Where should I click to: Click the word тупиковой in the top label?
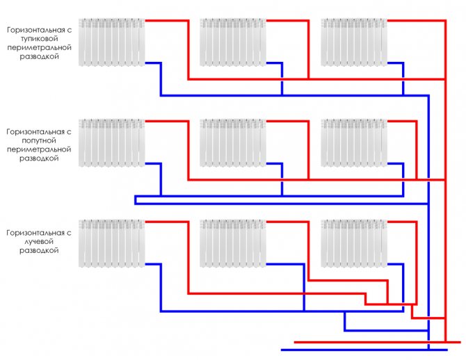(39, 39)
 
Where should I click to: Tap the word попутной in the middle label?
(39, 140)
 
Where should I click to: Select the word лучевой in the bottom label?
(39, 241)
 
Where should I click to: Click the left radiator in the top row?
(112, 42)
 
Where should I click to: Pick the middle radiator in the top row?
(233, 42)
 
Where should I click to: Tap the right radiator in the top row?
(354, 42)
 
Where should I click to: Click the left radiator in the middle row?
(112, 143)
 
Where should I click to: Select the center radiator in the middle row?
(233, 143)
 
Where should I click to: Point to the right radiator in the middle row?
(354, 143)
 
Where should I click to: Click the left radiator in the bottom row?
(112, 243)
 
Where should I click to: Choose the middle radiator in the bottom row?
(233, 243)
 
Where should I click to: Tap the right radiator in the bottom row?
(354, 243)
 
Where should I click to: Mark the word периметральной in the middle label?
(39, 149)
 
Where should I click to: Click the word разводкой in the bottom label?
(39, 250)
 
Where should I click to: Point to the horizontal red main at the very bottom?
(378, 342)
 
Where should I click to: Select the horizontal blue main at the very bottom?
(364, 350)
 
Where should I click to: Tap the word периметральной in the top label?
(39, 47)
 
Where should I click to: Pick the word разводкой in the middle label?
(39, 158)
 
